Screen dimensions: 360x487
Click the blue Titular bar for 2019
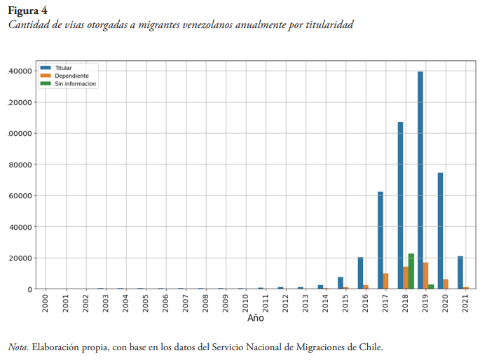point(420,180)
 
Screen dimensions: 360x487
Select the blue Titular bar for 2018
point(400,205)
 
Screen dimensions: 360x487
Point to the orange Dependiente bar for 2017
point(385,281)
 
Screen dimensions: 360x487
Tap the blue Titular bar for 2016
point(360,273)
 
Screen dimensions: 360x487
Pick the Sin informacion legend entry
point(75,83)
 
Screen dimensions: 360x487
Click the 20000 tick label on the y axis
point(20,258)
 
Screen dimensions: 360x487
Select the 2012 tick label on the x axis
point(280,303)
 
